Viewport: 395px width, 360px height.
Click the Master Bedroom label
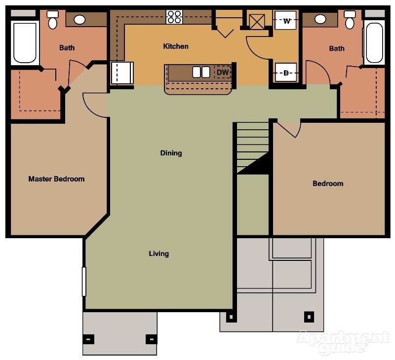point(56,179)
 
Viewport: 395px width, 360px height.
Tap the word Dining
point(171,153)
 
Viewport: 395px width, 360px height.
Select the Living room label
point(159,253)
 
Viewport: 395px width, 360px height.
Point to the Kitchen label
point(176,46)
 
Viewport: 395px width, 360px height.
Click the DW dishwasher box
point(223,72)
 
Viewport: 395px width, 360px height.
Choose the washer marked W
point(286,21)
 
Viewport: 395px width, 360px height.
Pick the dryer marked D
point(286,73)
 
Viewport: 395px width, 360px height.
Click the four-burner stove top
point(174,17)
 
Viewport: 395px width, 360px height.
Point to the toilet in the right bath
point(350,20)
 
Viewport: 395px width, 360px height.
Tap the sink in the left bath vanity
point(79,20)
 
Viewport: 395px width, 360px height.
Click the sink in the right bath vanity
point(320,20)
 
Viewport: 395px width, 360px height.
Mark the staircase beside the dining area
point(252,148)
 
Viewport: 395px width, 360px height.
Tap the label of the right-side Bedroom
point(328,183)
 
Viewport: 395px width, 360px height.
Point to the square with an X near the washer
point(257,22)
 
